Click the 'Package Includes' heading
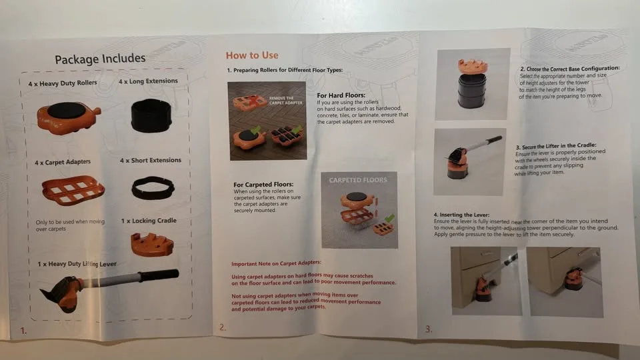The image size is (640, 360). pyautogui.click(x=100, y=59)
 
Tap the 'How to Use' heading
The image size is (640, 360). pyautogui.click(x=252, y=55)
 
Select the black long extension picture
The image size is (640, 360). pyautogui.click(x=151, y=116)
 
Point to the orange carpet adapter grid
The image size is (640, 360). pyautogui.click(x=73, y=191)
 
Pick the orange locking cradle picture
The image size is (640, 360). pyautogui.click(x=152, y=244)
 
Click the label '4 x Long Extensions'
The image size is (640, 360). pyautogui.click(x=148, y=81)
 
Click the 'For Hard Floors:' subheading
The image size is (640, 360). pyautogui.click(x=340, y=95)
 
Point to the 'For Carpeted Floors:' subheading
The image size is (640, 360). pyautogui.click(x=264, y=185)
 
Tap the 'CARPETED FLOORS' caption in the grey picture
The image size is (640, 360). pyautogui.click(x=359, y=180)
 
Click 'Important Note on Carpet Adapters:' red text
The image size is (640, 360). pyautogui.click(x=276, y=263)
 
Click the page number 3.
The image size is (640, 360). pyautogui.click(x=428, y=328)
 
